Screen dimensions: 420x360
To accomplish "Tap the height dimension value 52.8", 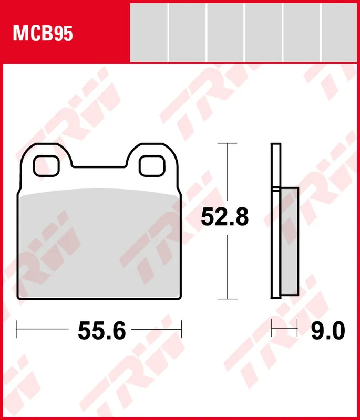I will coord(225,216).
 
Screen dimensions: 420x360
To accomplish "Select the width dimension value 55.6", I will coord(102,330).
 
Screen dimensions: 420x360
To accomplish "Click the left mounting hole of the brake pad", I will coord(45,166).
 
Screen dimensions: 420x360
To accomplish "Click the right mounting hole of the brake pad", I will coord(152,166).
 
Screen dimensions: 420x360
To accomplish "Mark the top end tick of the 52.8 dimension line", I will coord(227,143).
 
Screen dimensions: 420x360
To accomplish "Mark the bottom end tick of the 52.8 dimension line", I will coord(227,299).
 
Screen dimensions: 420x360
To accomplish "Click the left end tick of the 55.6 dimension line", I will coord(17,330).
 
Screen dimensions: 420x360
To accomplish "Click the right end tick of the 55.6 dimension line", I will coord(181,330).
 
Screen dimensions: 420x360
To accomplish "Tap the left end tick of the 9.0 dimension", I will coord(272,330).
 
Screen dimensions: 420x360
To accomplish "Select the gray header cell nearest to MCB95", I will coord(149,31).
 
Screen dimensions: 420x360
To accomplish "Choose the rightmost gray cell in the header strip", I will coord(341,31).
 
